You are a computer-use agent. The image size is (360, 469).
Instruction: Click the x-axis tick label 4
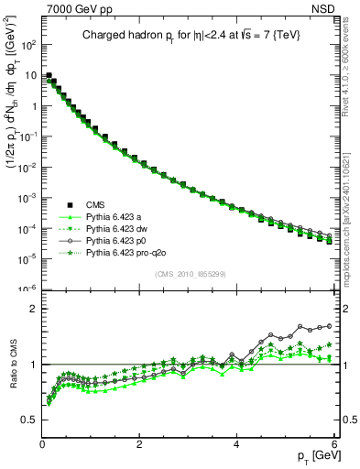(x=236, y=443)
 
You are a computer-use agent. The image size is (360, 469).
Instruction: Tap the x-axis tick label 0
(x=42, y=443)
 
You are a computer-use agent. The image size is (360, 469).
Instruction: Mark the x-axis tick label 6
(x=333, y=443)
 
